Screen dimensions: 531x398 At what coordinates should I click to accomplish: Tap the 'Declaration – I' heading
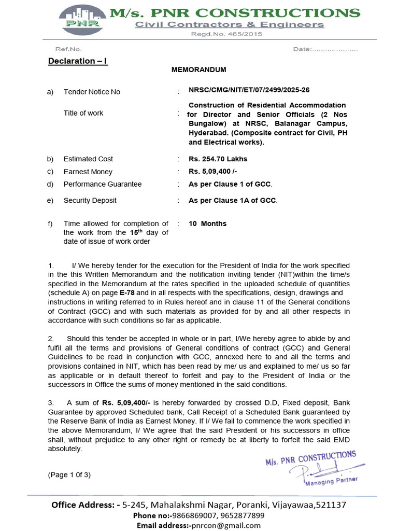click(x=78, y=61)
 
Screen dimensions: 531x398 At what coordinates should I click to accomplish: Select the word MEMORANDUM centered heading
click(x=198, y=69)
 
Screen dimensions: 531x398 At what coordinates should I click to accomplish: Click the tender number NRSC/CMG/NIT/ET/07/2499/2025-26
click(x=249, y=90)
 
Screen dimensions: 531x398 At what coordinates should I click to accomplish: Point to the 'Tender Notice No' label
click(x=92, y=92)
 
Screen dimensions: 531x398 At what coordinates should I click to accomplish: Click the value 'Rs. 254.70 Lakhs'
click(x=218, y=159)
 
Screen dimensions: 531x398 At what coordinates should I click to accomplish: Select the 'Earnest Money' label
click(x=88, y=172)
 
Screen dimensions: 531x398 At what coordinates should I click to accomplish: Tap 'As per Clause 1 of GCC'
click(x=230, y=184)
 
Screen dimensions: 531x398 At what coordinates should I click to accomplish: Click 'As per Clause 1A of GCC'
click(x=233, y=200)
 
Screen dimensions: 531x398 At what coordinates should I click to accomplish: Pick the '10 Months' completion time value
click(x=207, y=223)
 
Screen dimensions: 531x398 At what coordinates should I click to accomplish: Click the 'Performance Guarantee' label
click(x=103, y=184)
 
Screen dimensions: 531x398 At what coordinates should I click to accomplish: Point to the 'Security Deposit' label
click(x=90, y=200)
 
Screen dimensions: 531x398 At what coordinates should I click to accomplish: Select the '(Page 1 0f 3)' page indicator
click(x=69, y=474)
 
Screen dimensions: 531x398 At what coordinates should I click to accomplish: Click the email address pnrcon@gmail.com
click(x=226, y=525)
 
